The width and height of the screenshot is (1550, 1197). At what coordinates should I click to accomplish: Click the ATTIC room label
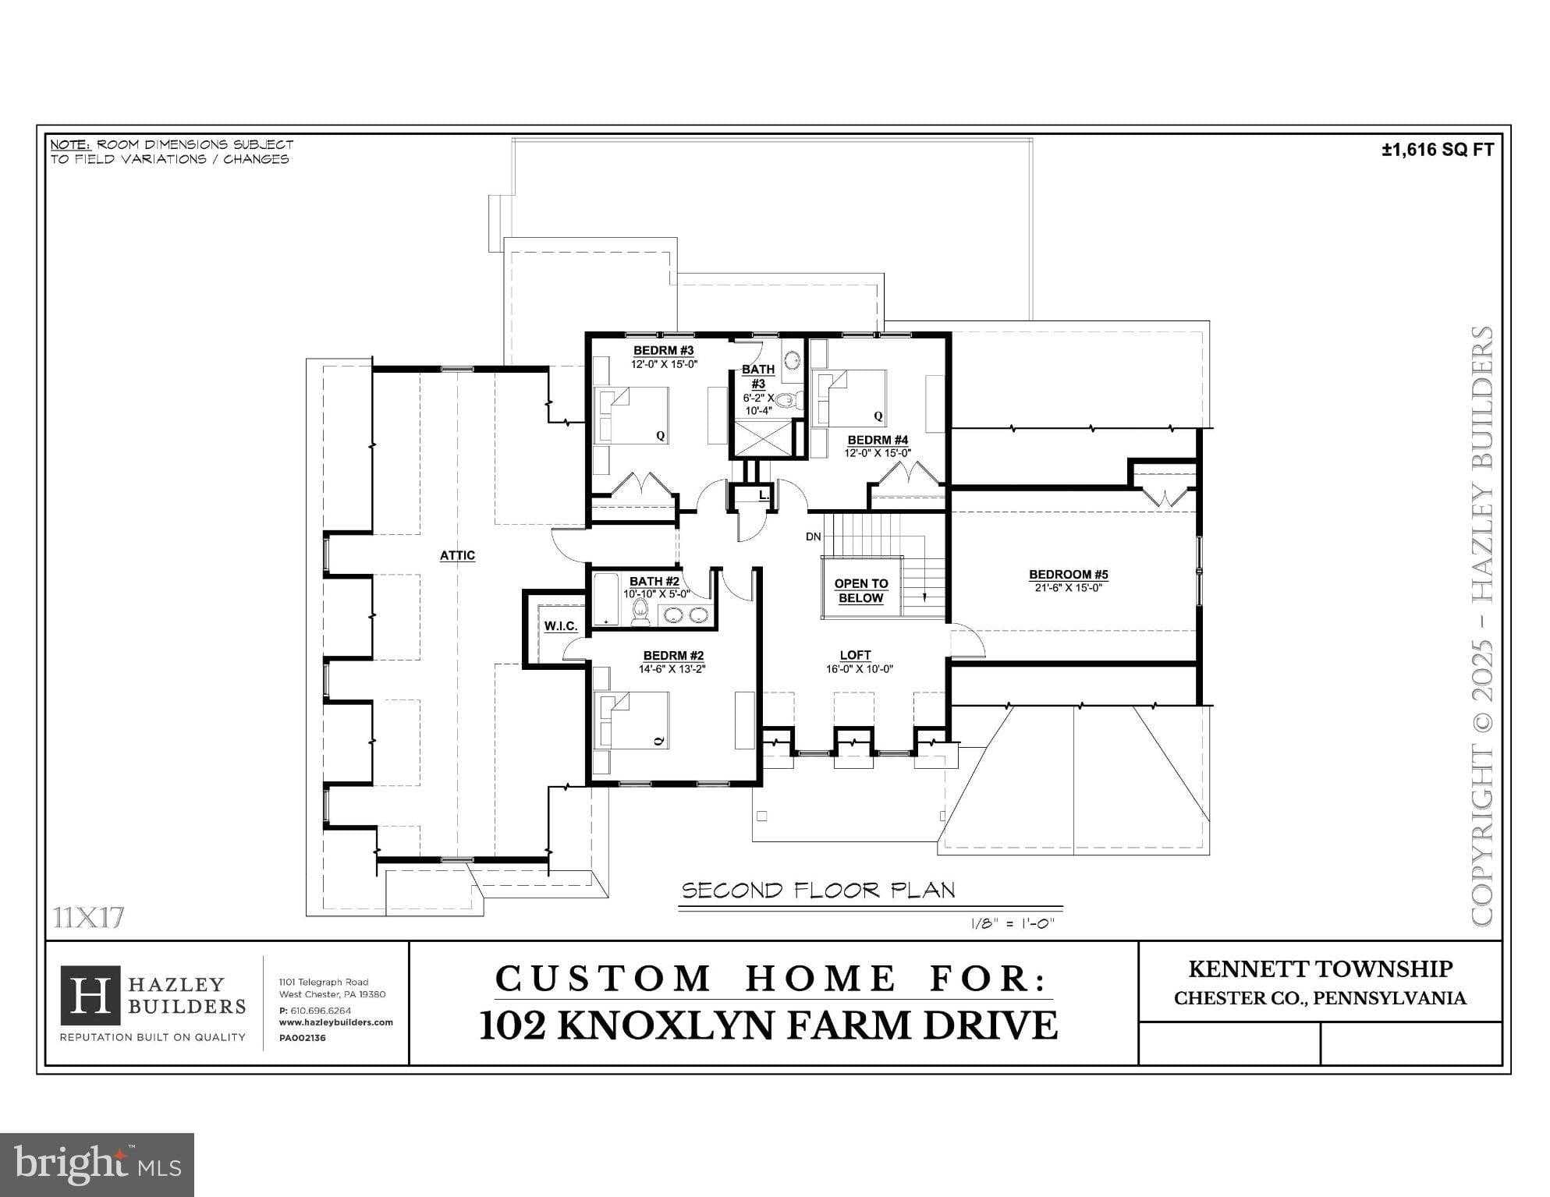pos(457,555)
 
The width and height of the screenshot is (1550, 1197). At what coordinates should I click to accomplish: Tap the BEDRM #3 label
pos(663,351)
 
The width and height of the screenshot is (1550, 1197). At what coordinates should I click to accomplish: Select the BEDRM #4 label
pos(878,441)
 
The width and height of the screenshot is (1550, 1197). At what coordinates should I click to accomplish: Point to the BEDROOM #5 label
pos(1068,575)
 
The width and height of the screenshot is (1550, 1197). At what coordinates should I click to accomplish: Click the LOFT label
pos(855,655)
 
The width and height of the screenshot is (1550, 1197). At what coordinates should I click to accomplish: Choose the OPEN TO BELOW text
pos(861,591)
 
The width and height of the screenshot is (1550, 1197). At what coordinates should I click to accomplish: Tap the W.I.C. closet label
pos(561,626)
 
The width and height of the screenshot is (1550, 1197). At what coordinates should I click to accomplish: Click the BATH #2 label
pos(654,581)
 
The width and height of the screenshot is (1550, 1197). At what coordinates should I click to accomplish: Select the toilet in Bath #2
pos(640,612)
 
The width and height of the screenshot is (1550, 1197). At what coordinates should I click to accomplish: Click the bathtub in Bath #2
pos(605,600)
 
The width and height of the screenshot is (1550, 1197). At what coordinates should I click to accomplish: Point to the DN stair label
pos(813,537)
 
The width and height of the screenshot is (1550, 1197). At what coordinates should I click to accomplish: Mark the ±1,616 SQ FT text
pos(1437,151)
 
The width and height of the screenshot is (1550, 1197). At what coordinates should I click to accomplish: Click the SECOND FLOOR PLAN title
pos(818,891)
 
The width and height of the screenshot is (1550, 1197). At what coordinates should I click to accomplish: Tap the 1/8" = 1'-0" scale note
pos(1012,923)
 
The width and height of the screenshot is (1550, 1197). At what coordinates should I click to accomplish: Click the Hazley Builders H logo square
pos(90,995)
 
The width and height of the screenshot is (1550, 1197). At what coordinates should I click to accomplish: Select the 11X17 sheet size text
pos(89,918)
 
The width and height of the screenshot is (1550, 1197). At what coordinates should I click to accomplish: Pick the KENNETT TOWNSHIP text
pos(1320,969)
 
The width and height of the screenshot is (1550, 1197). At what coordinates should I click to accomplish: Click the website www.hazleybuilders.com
pos(335,1022)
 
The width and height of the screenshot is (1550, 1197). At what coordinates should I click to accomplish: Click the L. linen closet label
pos(764,495)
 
